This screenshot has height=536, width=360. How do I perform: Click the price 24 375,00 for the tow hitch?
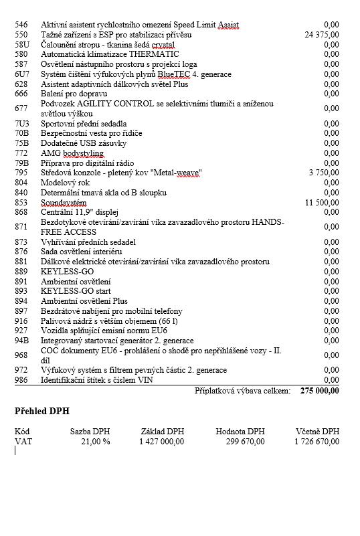(321, 34)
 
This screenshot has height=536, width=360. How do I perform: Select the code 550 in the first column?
(21, 34)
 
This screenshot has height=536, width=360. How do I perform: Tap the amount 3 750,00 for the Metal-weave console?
(324, 173)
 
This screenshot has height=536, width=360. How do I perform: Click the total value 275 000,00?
(320, 391)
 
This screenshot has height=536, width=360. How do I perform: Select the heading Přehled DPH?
(41, 411)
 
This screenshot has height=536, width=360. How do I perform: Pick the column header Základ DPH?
(163, 432)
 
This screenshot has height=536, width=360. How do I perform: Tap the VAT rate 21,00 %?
(95, 441)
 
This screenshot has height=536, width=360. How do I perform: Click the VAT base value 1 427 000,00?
(161, 441)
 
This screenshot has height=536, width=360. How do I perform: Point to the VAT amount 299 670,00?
(241, 441)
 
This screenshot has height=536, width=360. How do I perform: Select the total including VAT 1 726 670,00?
(317, 441)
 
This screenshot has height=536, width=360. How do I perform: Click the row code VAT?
(22, 441)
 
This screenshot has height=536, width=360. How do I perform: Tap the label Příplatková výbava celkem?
(242, 391)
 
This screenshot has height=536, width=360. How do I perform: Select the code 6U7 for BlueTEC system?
(21, 74)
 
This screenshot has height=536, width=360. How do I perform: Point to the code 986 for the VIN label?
(21, 380)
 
